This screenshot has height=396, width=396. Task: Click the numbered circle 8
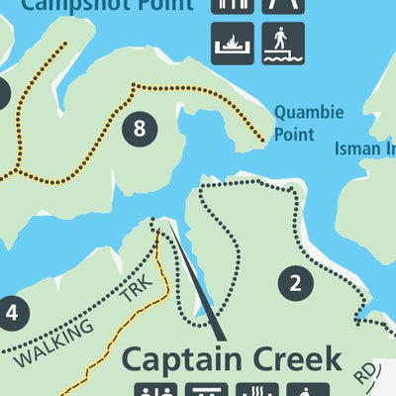click(140, 128)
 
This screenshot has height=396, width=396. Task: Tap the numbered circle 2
click(294, 284)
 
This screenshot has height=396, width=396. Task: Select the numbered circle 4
click(11, 314)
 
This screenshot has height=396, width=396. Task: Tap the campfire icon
click(234, 44)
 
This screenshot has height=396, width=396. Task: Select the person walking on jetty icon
click(283, 44)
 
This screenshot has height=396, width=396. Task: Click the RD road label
click(366, 373)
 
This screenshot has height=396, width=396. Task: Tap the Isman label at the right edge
click(365, 148)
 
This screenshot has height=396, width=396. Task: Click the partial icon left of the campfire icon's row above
click(234, 5)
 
